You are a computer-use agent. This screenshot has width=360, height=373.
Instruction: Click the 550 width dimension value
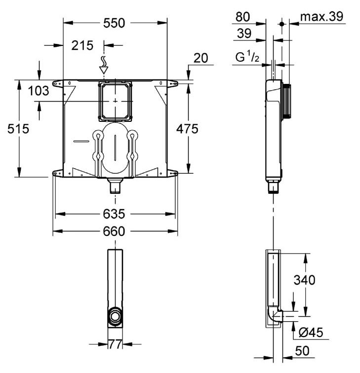coord(114,23)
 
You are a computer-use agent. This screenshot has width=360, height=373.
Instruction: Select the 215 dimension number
coord(82,45)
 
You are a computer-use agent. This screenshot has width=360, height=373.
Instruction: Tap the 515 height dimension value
coord(18,129)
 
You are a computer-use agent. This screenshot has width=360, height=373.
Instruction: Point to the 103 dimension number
coord(39,91)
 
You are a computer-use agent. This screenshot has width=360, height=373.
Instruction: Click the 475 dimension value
coord(187,129)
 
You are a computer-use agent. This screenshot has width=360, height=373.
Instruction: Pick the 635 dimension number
coord(114,214)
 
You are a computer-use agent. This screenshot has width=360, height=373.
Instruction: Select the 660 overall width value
coord(114,231)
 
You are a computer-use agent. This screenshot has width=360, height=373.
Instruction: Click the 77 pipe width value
coord(115,344)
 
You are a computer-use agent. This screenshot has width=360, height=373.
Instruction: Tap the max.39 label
coord(321,17)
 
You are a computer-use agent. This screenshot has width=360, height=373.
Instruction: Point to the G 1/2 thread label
coord(247,57)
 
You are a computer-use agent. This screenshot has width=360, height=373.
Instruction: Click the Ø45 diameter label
coord(311,332)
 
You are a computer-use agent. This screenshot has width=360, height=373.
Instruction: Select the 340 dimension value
coord(304,280)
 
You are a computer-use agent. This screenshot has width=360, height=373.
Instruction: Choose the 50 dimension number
coord(302,351)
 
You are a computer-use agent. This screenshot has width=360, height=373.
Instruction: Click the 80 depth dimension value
coord(242,17)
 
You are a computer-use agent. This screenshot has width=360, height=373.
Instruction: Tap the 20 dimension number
coord(200,58)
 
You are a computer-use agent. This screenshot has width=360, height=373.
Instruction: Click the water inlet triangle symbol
coord(104,70)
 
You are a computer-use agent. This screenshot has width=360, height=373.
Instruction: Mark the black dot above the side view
coord(282,24)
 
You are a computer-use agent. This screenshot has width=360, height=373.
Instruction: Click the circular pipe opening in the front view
coord(115,317)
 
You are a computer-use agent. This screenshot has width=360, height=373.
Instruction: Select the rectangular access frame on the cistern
coord(115,101)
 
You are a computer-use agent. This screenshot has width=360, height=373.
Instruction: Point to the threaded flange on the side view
coord(286,101)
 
